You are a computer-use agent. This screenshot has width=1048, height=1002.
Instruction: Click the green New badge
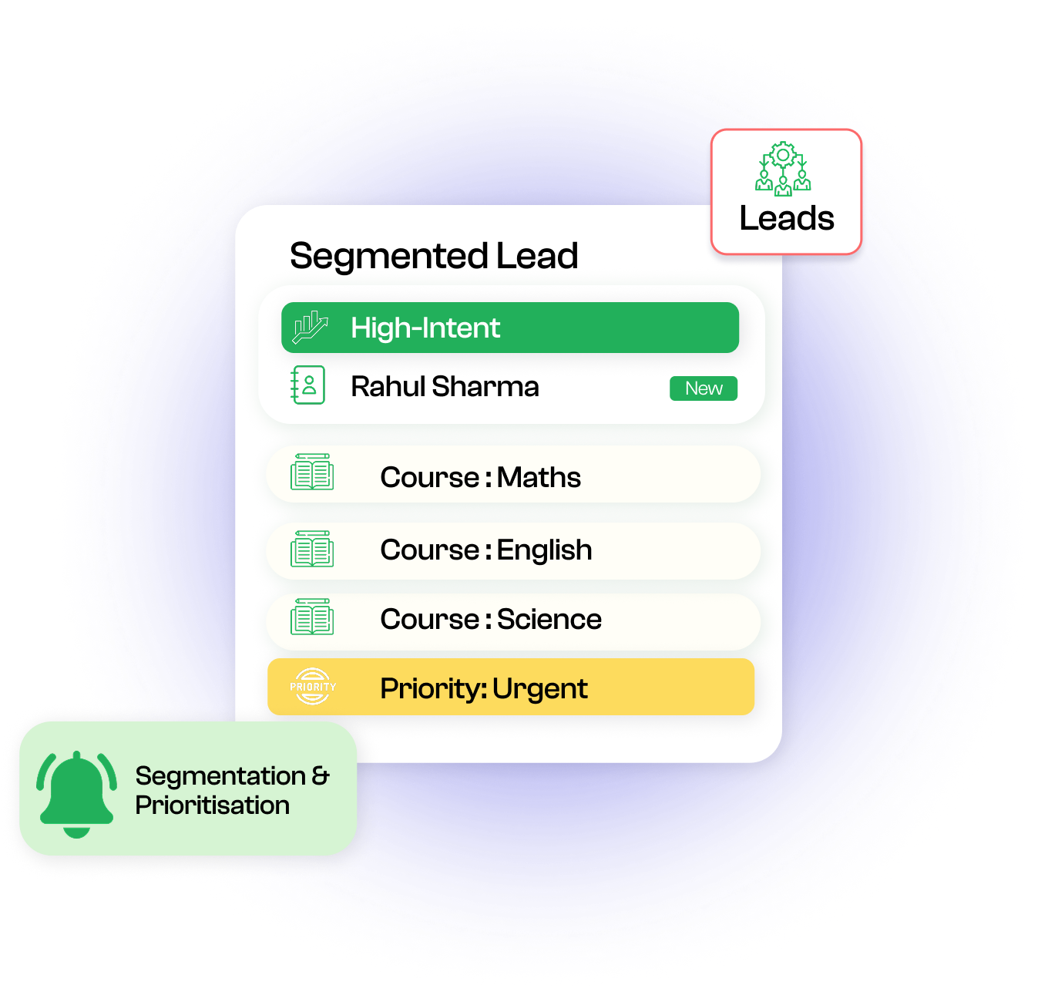[704, 388]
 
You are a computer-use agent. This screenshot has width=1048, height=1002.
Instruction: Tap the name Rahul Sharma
[445, 387]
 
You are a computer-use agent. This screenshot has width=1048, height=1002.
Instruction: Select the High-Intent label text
[425, 328]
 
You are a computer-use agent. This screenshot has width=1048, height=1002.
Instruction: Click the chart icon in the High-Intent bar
[310, 328]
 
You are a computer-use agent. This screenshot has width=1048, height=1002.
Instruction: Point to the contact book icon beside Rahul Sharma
[308, 385]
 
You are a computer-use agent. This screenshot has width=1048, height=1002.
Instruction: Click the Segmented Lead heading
[434, 256]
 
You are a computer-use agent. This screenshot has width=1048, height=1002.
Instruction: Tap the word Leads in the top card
[787, 219]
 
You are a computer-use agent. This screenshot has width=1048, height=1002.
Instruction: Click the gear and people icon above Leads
[783, 169]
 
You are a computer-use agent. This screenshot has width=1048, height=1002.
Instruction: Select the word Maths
[539, 478]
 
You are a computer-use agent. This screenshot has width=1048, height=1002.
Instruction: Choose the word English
[544, 550]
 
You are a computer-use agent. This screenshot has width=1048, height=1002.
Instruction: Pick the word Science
[549, 620]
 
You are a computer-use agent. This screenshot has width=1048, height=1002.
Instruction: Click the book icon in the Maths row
[312, 472]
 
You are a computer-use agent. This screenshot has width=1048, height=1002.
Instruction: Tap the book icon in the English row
[312, 549]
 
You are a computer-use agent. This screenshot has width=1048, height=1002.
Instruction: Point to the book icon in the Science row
[312, 617]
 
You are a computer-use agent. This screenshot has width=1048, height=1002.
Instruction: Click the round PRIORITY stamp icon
[313, 686]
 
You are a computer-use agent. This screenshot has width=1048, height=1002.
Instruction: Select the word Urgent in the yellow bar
[540, 689]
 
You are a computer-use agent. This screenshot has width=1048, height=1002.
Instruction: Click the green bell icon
[76, 793]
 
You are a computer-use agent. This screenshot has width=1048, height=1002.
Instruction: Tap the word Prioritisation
[213, 805]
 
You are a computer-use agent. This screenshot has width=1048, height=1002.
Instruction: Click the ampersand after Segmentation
[321, 775]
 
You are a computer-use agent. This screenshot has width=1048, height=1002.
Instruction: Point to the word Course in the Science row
[430, 620]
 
